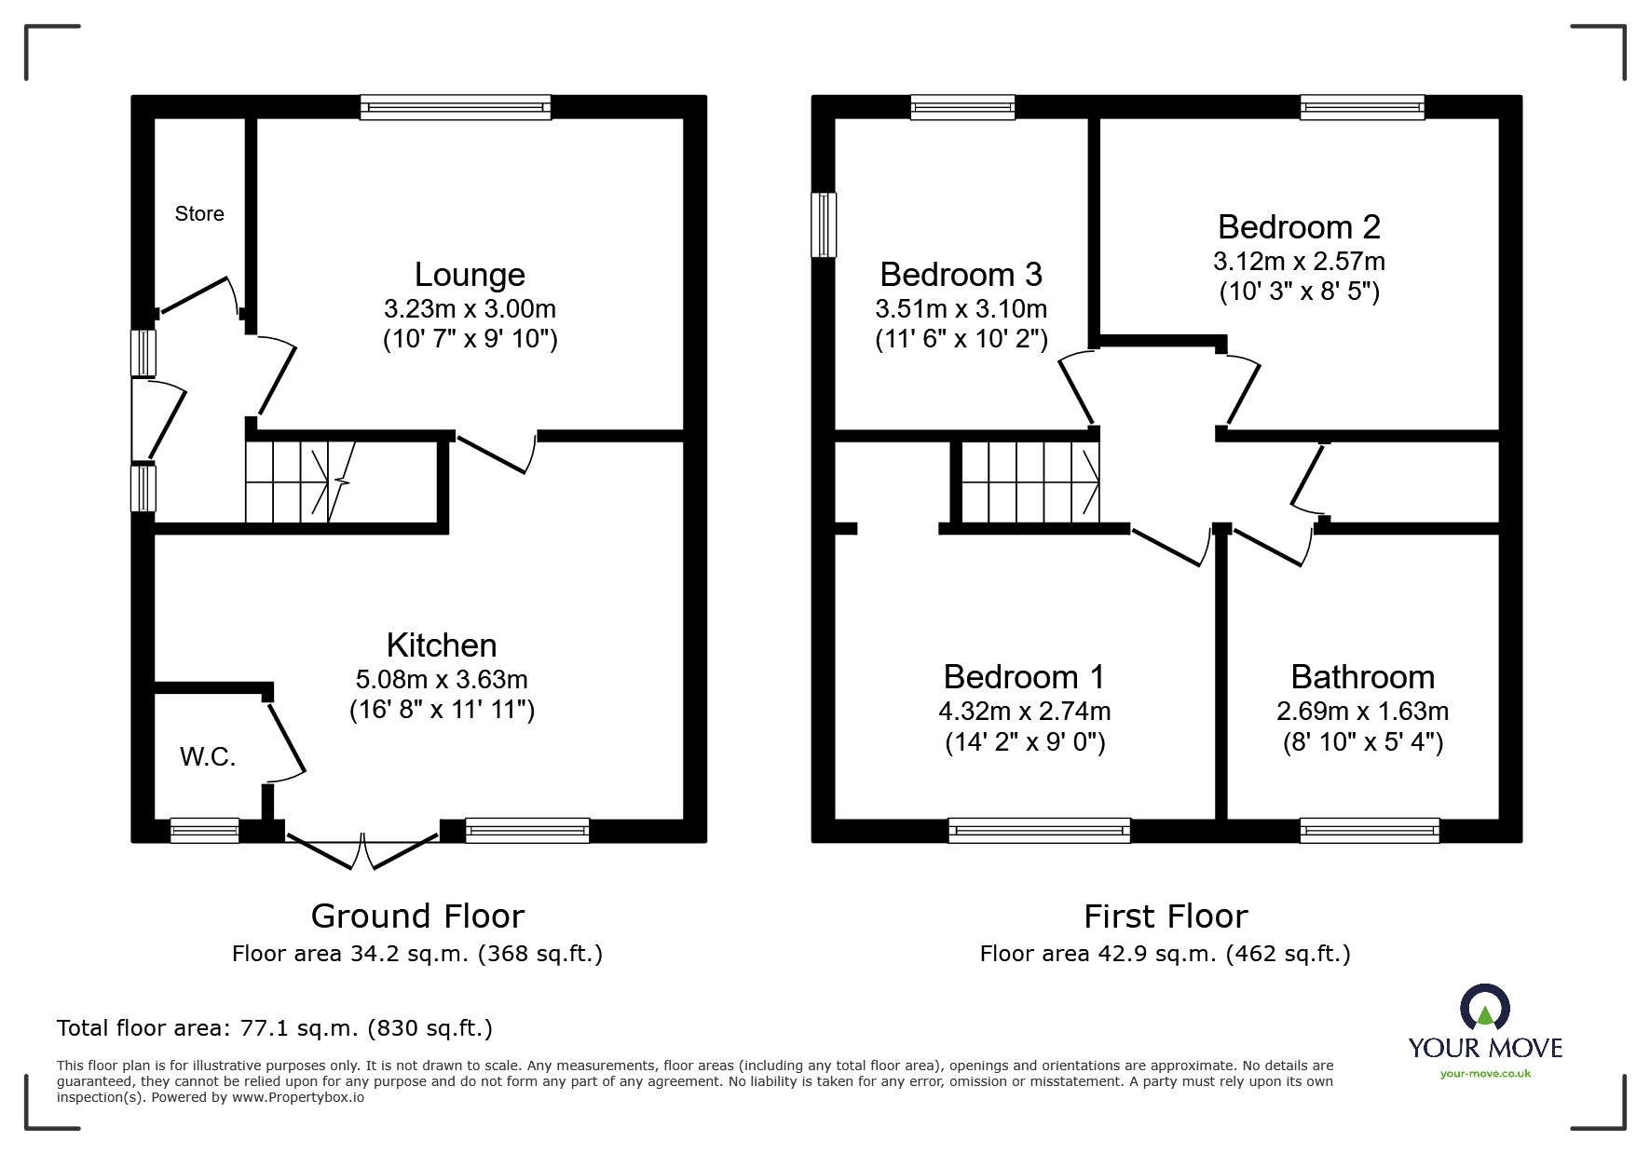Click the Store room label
[x=199, y=214]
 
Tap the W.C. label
[x=208, y=757]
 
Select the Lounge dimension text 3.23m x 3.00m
[x=470, y=308]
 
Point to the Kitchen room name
[x=442, y=645]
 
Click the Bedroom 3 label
[x=961, y=275]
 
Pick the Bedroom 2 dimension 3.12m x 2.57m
[x=1299, y=261]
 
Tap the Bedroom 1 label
[x=1024, y=677]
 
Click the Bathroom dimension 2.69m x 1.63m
[x=1362, y=712]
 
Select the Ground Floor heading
[x=417, y=916]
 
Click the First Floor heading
[x=1166, y=916]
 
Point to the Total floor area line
[x=275, y=1028]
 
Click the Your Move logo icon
[x=1484, y=1007]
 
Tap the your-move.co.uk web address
[x=1485, y=1074]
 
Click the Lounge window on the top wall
[x=456, y=107]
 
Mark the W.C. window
[x=204, y=830]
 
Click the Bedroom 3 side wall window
[x=824, y=224]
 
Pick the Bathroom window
[x=1369, y=830]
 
